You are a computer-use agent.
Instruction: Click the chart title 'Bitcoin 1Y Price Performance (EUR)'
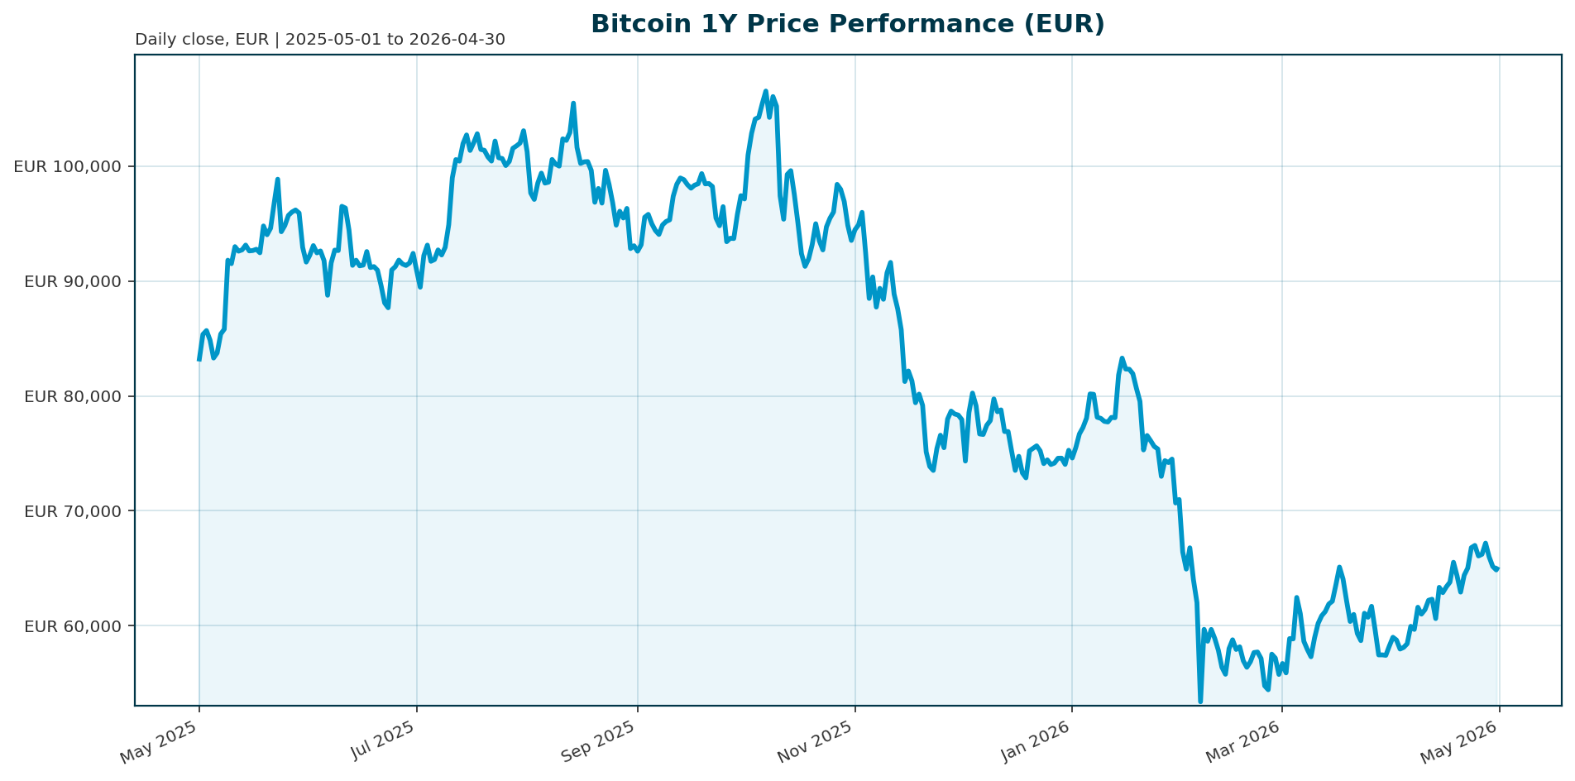pyautogui.click(x=847, y=24)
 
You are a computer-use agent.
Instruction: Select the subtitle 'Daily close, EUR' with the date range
pyautogui.click(x=319, y=40)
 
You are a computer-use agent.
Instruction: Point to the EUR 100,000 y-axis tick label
pyautogui.click(x=68, y=166)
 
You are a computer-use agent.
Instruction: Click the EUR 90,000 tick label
pyautogui.click(x=73, y=281)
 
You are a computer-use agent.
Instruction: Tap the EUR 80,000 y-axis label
pyautogui.click(x=73, y=396)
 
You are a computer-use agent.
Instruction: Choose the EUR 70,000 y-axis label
pyautogui.click(x=73, y=510)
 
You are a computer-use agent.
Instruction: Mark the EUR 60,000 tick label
pyautogui.click(x=73, y=625)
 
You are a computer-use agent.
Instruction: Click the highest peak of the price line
pyautogui.click(x=765, y=92)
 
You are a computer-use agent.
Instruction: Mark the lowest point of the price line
pyautogui.click(x=1200, y=702)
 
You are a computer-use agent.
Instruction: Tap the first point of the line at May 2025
pyautogui.click(x=199, y=359)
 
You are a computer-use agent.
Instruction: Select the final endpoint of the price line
pyautogui.click(x=1498, y=568)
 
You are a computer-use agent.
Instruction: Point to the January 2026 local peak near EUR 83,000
pyautogui.click(x=1122, y=358)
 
